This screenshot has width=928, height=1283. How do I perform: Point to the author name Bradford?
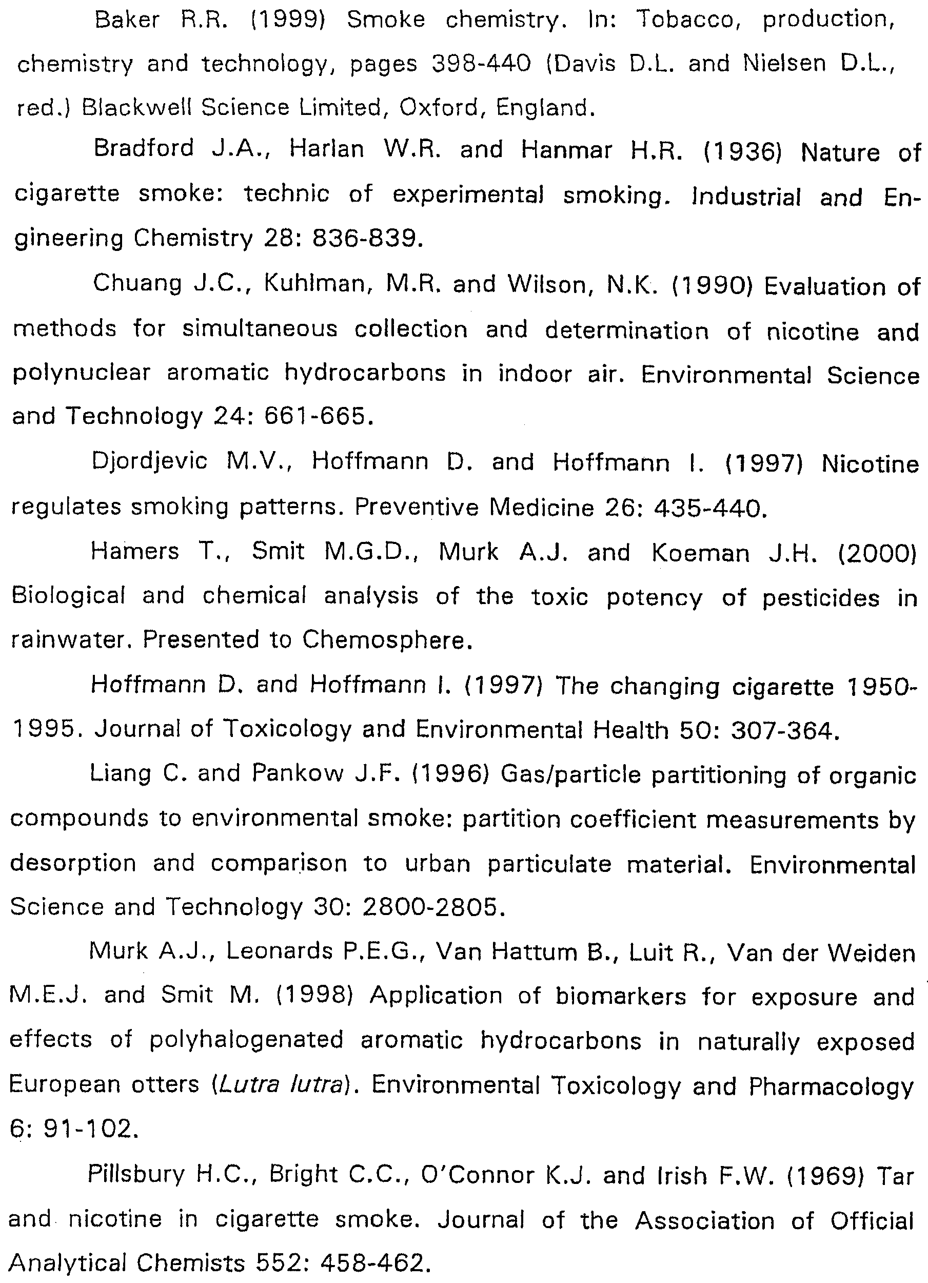[x=144, y=149]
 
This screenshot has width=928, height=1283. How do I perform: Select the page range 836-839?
[x=367, y=238]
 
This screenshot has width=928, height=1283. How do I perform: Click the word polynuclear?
[x=82, y=373]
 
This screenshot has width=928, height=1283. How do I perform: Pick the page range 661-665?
[x=319, y=417]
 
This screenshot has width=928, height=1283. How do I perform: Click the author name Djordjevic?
[x=150, y=461]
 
